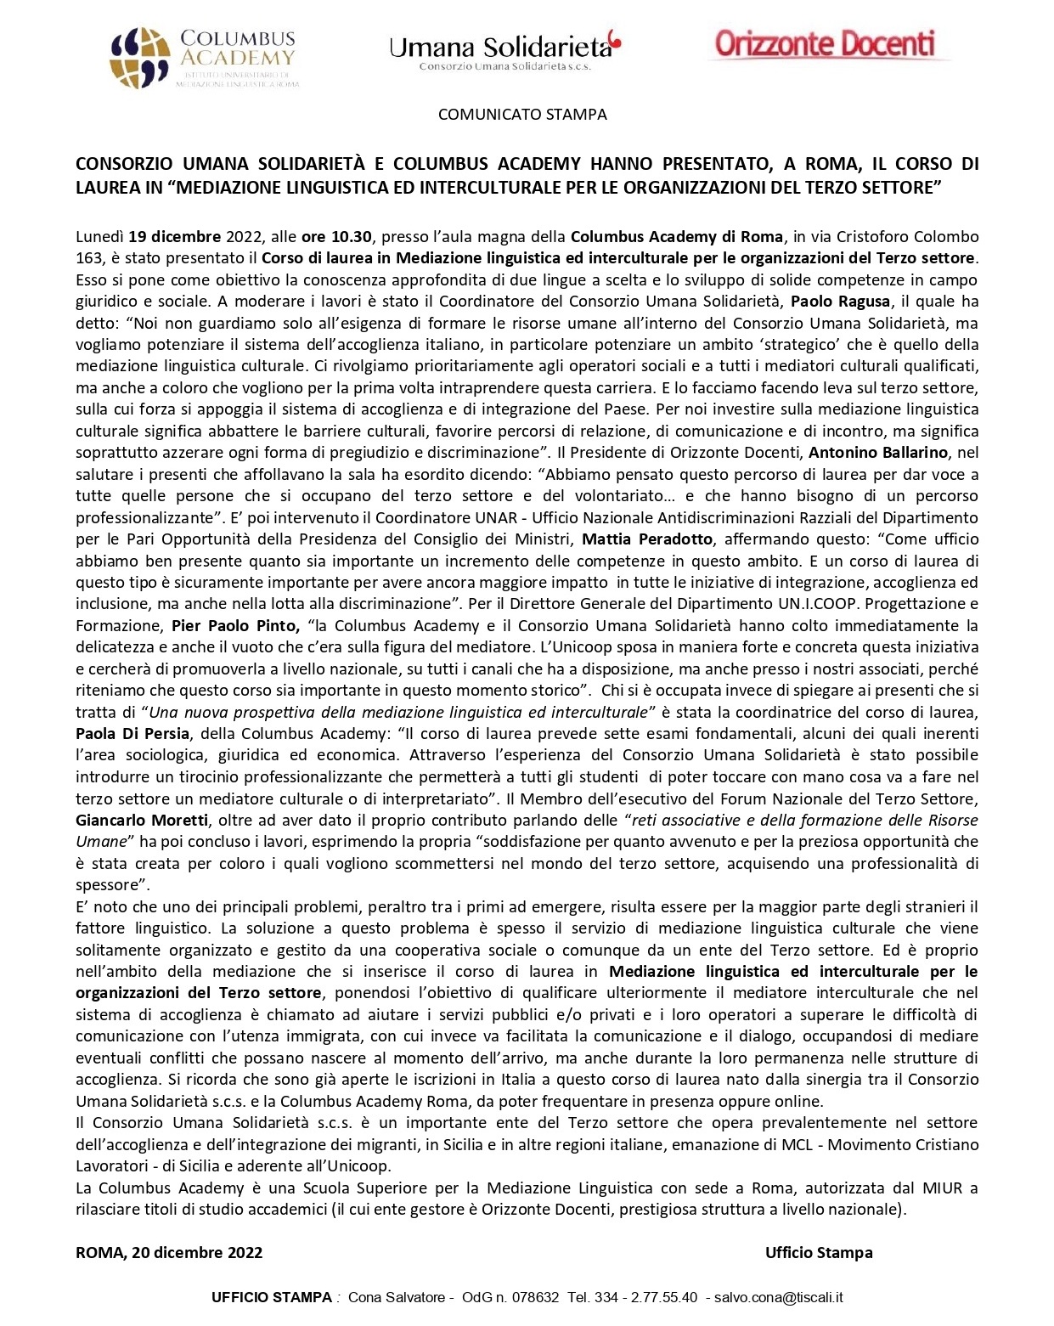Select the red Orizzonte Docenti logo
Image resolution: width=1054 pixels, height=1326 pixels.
pos(825,43)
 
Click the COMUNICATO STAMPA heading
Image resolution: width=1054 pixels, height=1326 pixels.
pos(522,114)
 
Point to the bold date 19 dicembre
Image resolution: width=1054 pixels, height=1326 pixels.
pos(176,236)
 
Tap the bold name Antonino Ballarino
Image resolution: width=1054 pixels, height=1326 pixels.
pos(882,452)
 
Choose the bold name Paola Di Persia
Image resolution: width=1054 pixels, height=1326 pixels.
pos(132,733)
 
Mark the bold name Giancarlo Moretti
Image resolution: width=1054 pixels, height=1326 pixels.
pos(141,820)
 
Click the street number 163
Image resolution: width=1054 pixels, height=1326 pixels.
pos(88,257)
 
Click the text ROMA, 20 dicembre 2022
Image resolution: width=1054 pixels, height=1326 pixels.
pos(169,1252)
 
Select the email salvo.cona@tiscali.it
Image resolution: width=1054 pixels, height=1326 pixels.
pos(778,1297)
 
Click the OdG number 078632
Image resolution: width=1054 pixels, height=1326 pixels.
pos(533,1297)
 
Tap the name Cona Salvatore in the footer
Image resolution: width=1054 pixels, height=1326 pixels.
pos(397,1297)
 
